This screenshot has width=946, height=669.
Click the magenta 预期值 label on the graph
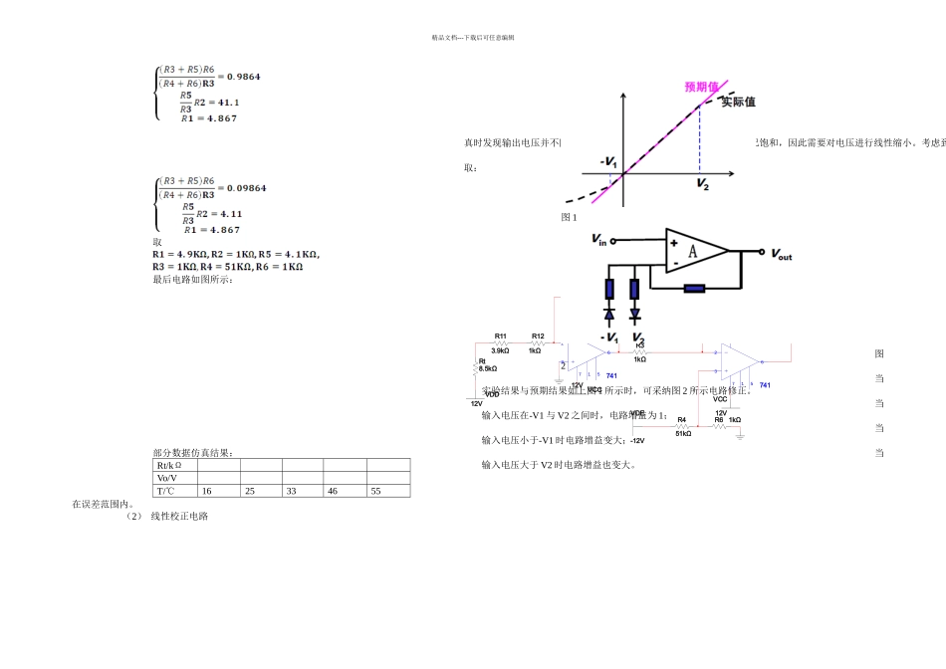[702, 87]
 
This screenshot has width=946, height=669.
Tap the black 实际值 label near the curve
[738, 102]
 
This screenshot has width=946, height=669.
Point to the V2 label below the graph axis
[702, 185]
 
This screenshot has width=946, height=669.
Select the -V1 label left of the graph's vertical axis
[608, 162]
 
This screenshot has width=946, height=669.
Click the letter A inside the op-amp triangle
[693, 253]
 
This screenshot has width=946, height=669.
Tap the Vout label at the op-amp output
[782, 255]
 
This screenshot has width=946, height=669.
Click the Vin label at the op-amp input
[598, 239]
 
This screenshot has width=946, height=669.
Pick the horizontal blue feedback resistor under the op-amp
[693, 289]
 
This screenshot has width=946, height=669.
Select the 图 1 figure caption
[569, 217]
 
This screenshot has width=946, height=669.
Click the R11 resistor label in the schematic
[500, 336]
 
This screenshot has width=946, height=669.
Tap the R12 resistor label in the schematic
[537, 336]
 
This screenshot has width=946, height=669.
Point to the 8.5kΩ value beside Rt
[488, 369]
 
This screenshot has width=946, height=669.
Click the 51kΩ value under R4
[683, 433]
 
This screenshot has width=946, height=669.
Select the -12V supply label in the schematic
[637, 440]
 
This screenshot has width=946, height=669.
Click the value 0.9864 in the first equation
[243, 76]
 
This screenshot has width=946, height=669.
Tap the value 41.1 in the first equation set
[227, 102]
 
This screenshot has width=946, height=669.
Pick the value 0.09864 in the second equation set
[246, 188]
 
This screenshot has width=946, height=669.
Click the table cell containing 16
[207, 491]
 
